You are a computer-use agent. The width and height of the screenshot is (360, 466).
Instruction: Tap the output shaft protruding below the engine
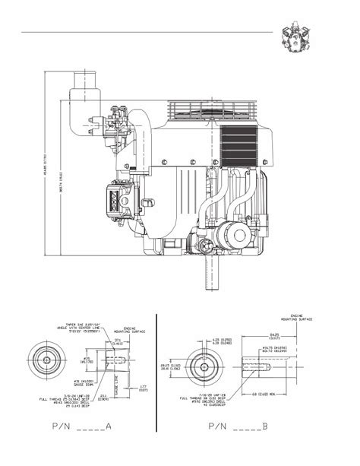[207, 273]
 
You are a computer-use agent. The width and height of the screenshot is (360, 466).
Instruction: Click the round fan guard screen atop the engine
[206, 114]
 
